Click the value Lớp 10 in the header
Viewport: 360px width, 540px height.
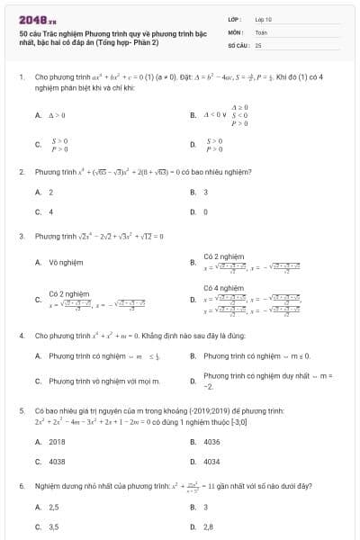coord(263,18)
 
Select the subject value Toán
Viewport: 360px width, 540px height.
coord(261,31)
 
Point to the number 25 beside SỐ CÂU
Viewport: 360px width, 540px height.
coord(258,43)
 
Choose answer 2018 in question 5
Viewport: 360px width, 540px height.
coord(57,442)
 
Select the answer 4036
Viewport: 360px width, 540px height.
coord(212,442)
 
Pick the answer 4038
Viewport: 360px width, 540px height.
coord(57,461)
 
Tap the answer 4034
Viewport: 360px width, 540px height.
coord(212,461)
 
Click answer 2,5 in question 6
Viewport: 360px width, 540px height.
coord(54,507)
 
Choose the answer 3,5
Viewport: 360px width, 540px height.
coord(54,526)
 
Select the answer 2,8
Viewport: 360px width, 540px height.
coord(209,526)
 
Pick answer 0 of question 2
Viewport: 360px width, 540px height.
coord(206,211)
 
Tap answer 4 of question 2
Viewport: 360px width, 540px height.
coord(51,211)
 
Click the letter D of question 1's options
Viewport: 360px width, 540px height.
coord(193,143)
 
